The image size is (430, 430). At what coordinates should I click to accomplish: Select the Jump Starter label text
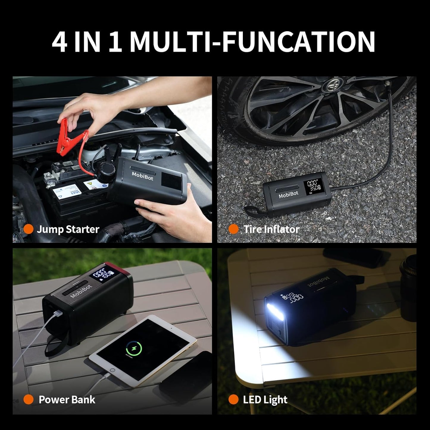(x=68, y=229)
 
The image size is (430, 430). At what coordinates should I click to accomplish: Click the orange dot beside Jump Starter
(x=28, y=229)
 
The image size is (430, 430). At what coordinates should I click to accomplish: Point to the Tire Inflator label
(x=271, y=229)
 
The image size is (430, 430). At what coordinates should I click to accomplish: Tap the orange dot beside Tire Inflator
(x=233, y=229)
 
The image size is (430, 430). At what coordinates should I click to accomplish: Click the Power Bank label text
(x=67, y=400)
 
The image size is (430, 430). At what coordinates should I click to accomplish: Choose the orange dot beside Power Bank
(x=28, y=400)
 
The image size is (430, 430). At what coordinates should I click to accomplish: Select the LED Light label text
(x=265, y=400)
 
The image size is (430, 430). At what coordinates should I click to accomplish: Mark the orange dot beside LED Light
(x=233, y=400)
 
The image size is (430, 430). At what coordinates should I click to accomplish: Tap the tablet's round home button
(x=112, y=371)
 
